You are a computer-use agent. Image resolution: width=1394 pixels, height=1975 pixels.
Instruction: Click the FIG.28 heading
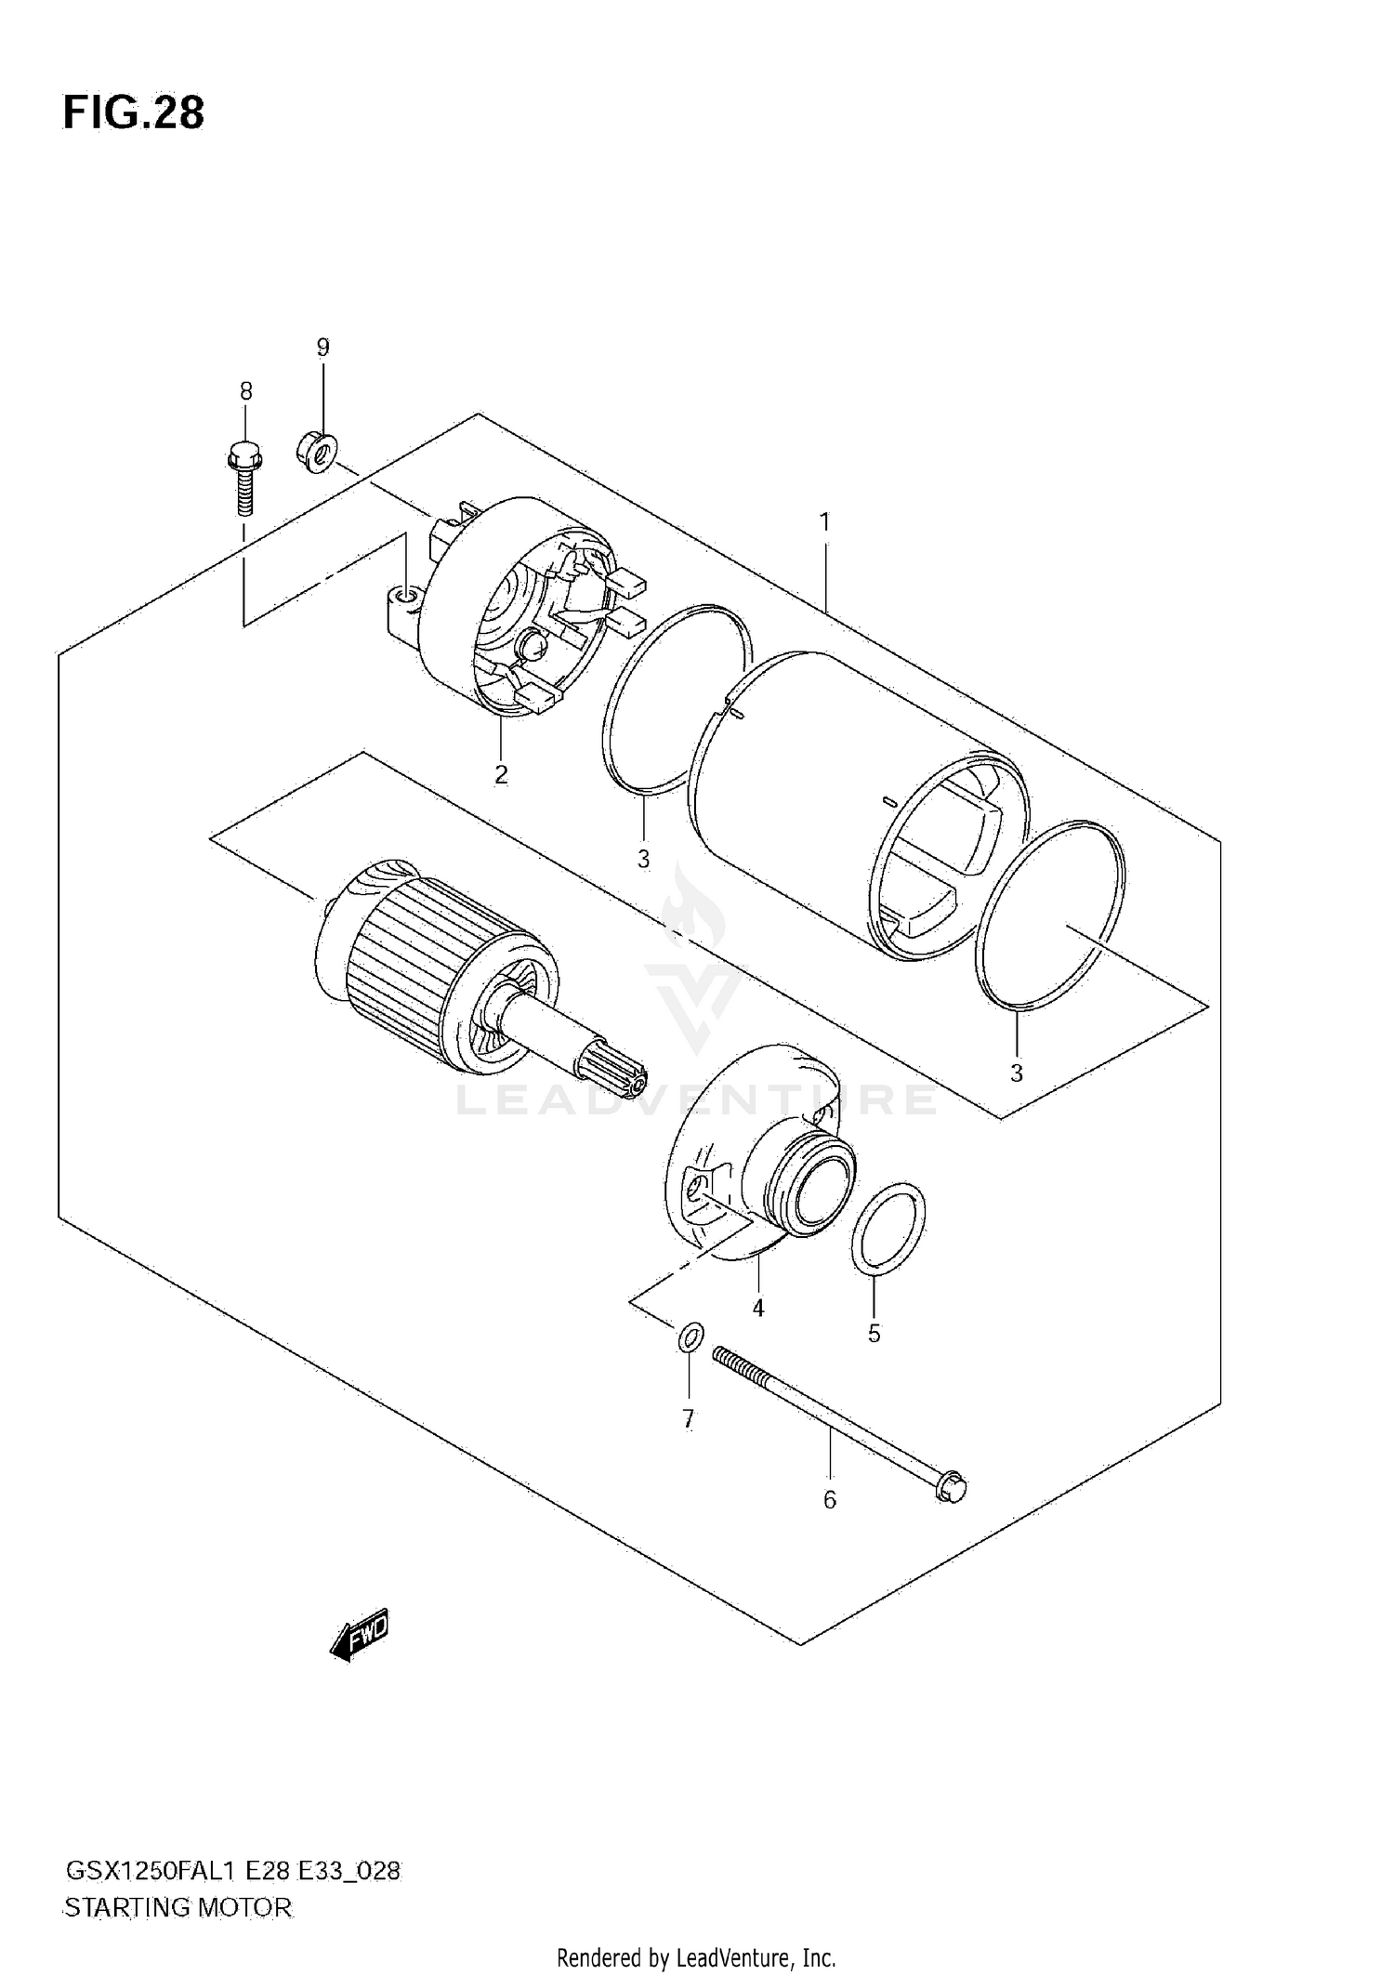pos(133,113)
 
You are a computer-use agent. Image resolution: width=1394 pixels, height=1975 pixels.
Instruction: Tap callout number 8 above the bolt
pos(245,391)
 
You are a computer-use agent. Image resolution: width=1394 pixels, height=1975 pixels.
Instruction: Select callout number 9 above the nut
pos(322,348)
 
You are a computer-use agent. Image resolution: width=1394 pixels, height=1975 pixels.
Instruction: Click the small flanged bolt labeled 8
pos(244,478)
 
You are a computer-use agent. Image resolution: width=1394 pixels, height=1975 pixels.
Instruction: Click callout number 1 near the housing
pos(823,522)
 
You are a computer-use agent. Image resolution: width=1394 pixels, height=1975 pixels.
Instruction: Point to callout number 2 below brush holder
pos(501,774)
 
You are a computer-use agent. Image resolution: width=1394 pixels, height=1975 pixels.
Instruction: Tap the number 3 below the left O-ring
pos(643,859)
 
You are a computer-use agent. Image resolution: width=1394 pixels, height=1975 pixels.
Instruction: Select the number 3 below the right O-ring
pos(1017,1073)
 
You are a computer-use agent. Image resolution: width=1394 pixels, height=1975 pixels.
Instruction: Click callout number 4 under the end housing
pos(758,1308)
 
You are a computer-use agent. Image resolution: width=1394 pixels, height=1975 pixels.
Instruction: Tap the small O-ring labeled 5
pos(888,1229)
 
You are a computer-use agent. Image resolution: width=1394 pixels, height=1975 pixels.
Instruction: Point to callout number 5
pos(874,1334)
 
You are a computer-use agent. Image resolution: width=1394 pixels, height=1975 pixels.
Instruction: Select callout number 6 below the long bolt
pos(829,1499)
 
